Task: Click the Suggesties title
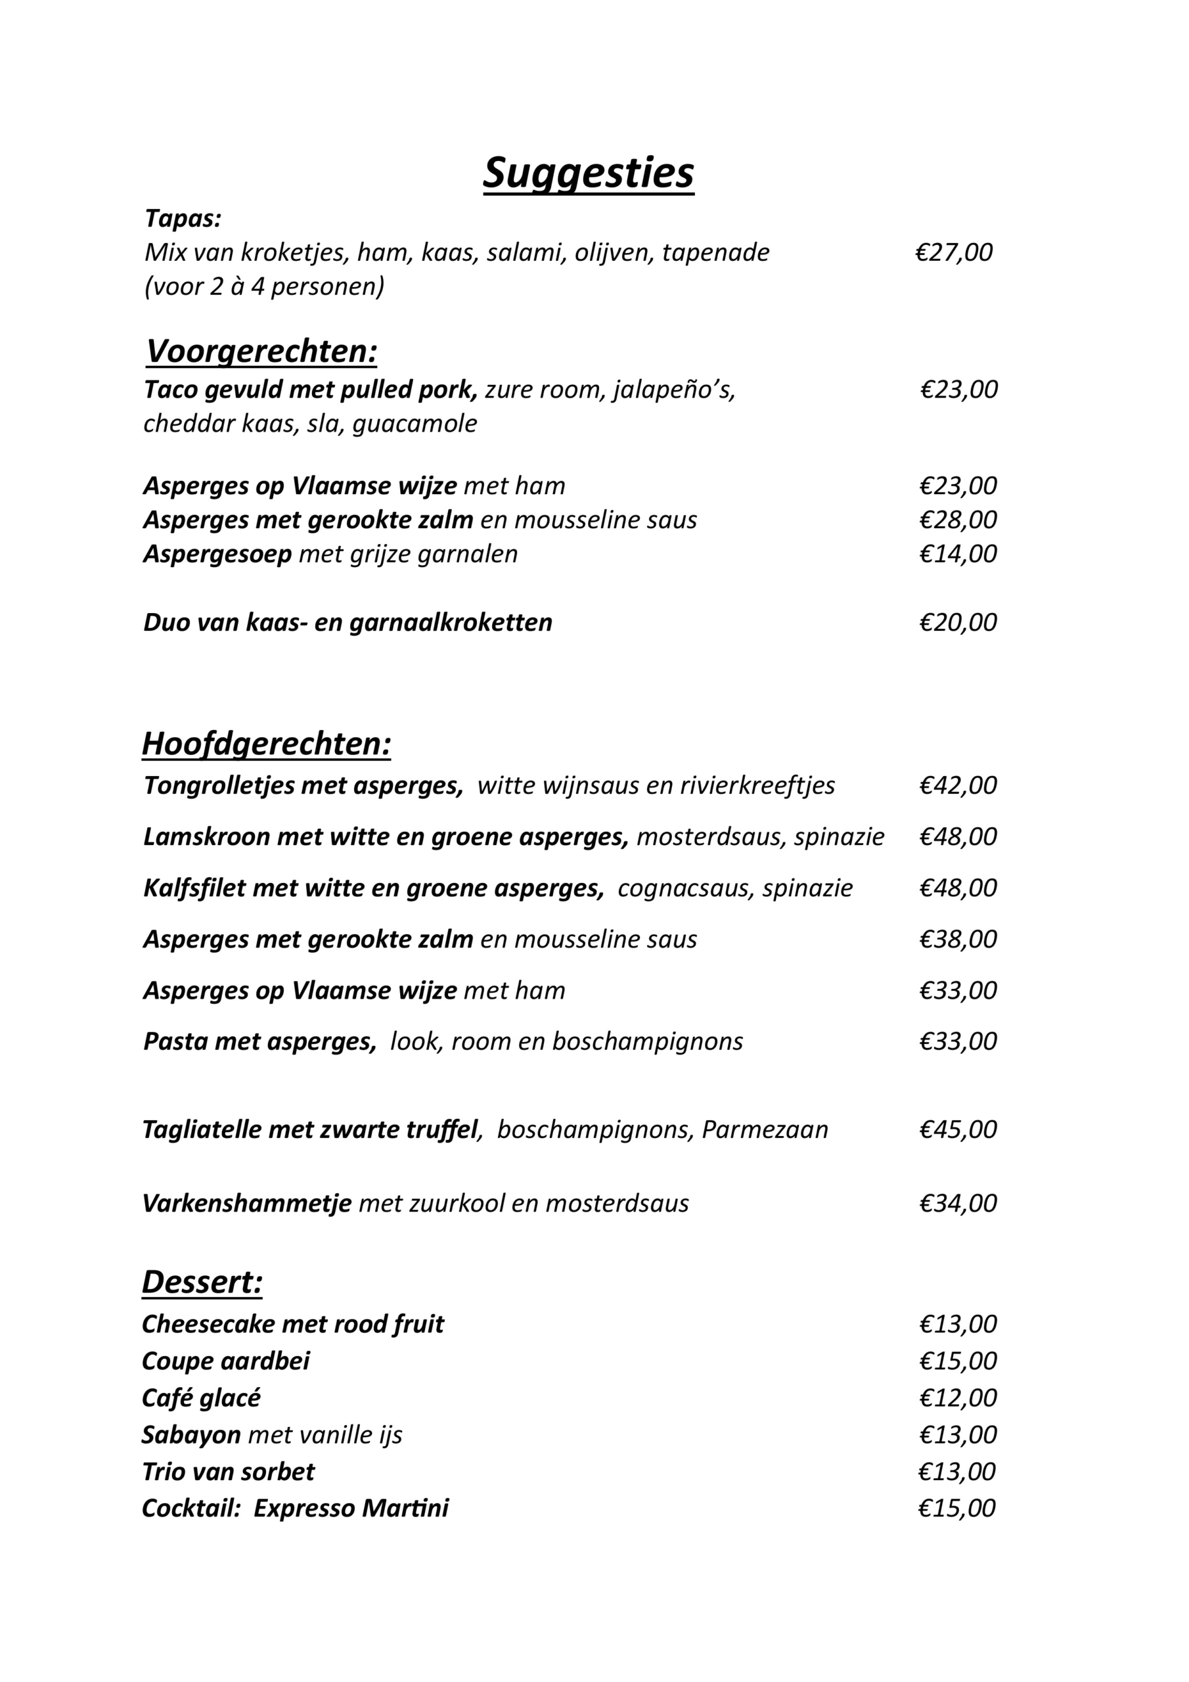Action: [x=589, y=173]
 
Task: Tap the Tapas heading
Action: [x=183, y=218]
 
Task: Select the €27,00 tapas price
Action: [x=953, y=252]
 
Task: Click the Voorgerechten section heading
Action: [x=261, y=352]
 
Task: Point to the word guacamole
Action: [x=415, y=423]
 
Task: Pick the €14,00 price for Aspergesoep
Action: [x=958, y=554]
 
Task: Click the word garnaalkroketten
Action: [x=451, y=623]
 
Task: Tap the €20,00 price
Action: [x=958, y=623]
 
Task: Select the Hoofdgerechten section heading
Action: [x=266, y=744]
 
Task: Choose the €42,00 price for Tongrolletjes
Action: [x=958, y=785]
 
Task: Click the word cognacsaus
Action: [x=683, y=888]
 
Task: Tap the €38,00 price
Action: [x=958, y=939]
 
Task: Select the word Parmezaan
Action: [x=765, y=1129]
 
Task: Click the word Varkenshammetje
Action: [x=247, y=1203]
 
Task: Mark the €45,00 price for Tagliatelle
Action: [x=958, y=1129]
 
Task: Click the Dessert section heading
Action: [x=202, y=1282]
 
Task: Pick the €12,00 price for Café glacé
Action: [x=958, y=1398]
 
